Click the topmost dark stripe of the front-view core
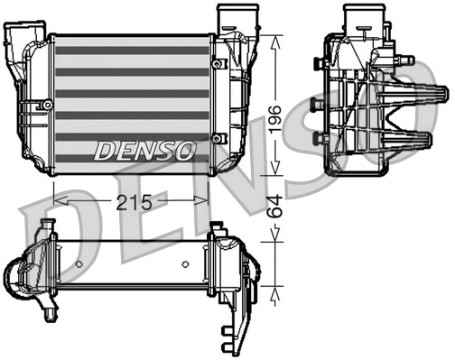point(131,51)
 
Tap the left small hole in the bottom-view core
point(79,264)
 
